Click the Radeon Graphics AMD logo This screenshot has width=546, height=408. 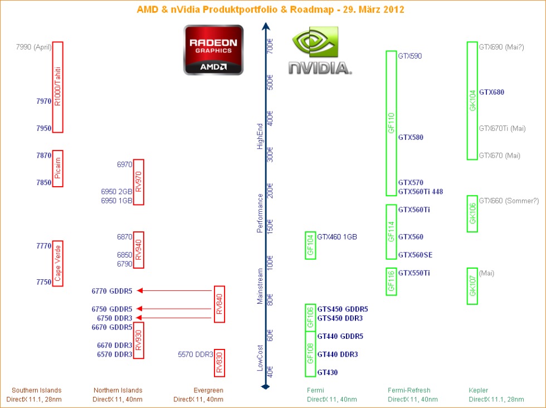pyautogui.click(x=213, y=50)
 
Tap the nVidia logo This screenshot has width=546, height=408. pyautogui.click(x=320, y=50)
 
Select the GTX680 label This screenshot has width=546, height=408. pyautogui.click(x=491, y=93)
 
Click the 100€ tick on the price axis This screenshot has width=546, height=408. pyautogui.click(x=270, y=263)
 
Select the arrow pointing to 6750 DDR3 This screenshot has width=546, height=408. pyautogui.click(x=173, y=318)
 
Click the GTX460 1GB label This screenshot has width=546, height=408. pyautogui.click(x=337, y=237)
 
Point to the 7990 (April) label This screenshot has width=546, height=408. pyautogui.click(x=34, y=47)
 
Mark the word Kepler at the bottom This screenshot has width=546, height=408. pyautogui.click(x=478, y=390)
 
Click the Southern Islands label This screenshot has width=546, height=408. pyautogui.click(x=37, y=390)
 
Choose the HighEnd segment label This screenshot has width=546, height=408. pyautogui.click(x=260, y=136)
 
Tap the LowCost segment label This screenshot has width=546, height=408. pyautogui.click(x=260, y=358)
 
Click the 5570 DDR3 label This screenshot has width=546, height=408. pyautogui.click(x=196, y=354)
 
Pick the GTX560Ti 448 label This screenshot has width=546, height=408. pyautogui.click(x=420, y=192)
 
